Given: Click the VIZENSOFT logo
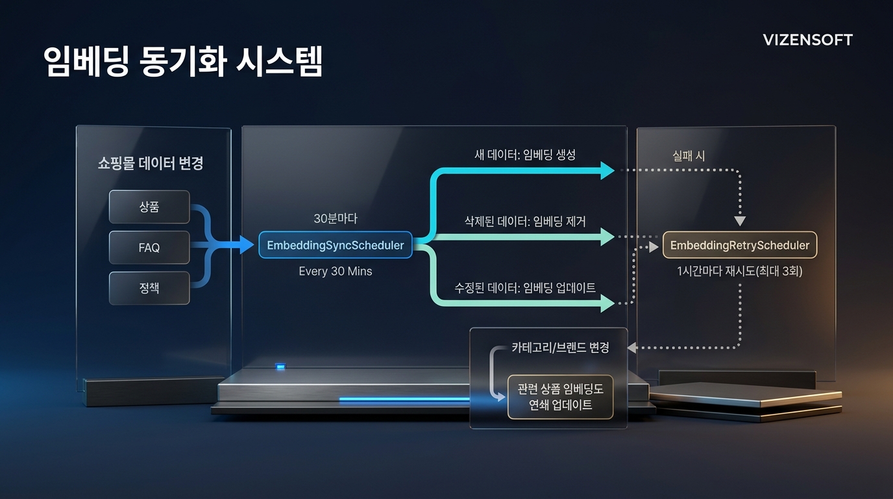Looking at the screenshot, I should pyautogui.click(x=807, y=40).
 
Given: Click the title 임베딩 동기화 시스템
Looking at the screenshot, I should pyautogui.click(x=183, y=62).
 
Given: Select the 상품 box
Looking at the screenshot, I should pyautogui.click(x=149, y=207).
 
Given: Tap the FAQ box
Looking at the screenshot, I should pyautogui.click(x=149, y=248).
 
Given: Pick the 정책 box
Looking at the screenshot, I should pyautogui.click(x=149, y=288).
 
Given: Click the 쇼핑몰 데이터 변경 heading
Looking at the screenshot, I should pyautogui.click(x=151, y=163).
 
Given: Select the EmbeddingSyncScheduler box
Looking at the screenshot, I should pyautogui.click(x=336, y=245).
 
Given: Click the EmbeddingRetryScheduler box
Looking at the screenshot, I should pyautogui.click(x=740, y=245).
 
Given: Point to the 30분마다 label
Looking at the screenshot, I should pyautogui.click(x=336, y=219).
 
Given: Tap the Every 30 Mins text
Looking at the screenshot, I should pyautogui.click(x=336, y=271).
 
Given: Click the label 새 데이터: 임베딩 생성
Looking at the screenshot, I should pyautogui.click(x=525, y=155).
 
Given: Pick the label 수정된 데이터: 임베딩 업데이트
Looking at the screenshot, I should pyautogui.click(x=526, y=287).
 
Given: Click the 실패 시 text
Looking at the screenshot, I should pyautogui.click(x=689, y=155).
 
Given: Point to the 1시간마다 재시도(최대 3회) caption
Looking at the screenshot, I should pyautogui.click(x=740, y=271).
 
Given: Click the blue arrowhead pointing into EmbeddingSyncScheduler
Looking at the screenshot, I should pyautogui.click(x=246, y=245).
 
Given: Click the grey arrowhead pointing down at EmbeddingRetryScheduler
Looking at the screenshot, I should pyautogui.click(x=740, y=221).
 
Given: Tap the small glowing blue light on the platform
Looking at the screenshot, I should pyautogui.click(x=280, y=367).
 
